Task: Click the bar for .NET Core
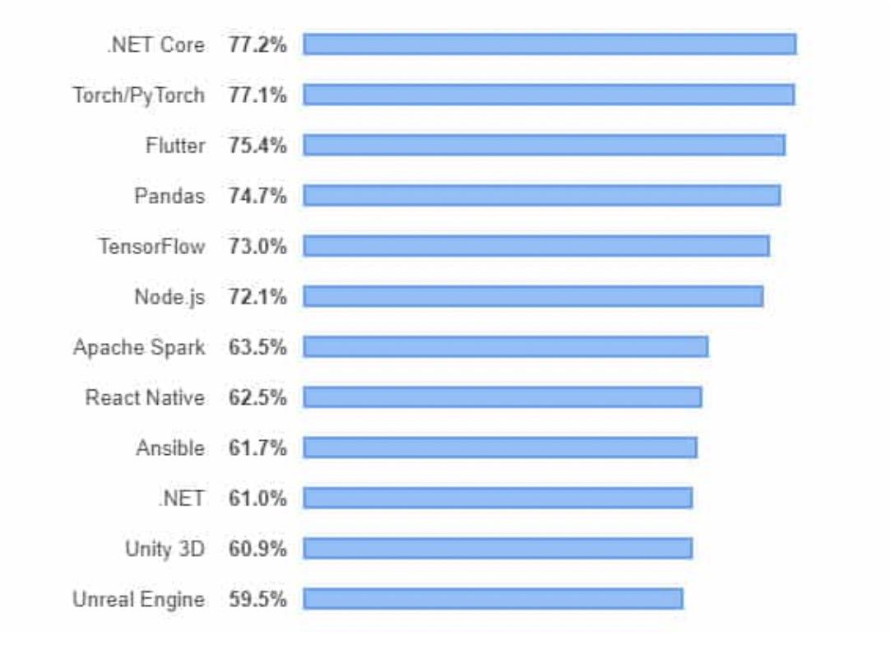pyautogui.click(x=549, y=44)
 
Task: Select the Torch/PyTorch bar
pyautogui.click(x=549, y=95)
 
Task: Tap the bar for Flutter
pyautogui.click(x=544, y=146)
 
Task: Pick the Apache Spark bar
pyautogui.click(x=505, y=347)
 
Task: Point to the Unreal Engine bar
pyautogui.click(x=493, y=599)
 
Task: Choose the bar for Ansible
pyautogui.click(x=499, y=448)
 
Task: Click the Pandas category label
pyautogui.click(x=169, y=196)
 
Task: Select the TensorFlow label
pyautogui.click(x=151, y=246)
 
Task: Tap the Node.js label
pyautogui.click(x=169, y=296)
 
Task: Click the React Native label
pyautogui.click(x=145, y=397)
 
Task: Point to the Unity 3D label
pyautogui.click(x=165, y=549)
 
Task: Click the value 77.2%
pyautogui.click(x=257, y=44)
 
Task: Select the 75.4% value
pyautogui.click(x=257, y=146)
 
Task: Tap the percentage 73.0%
pyautogui.click(x=257, y=246)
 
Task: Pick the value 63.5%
pyautogui.click(x=257, y=347)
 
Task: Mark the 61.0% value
pyautogui.click(x=257, y=499)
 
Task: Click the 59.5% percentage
pyautogui.click(x=257, y=599)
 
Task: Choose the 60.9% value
pyautogui.click(x=257, y=549)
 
